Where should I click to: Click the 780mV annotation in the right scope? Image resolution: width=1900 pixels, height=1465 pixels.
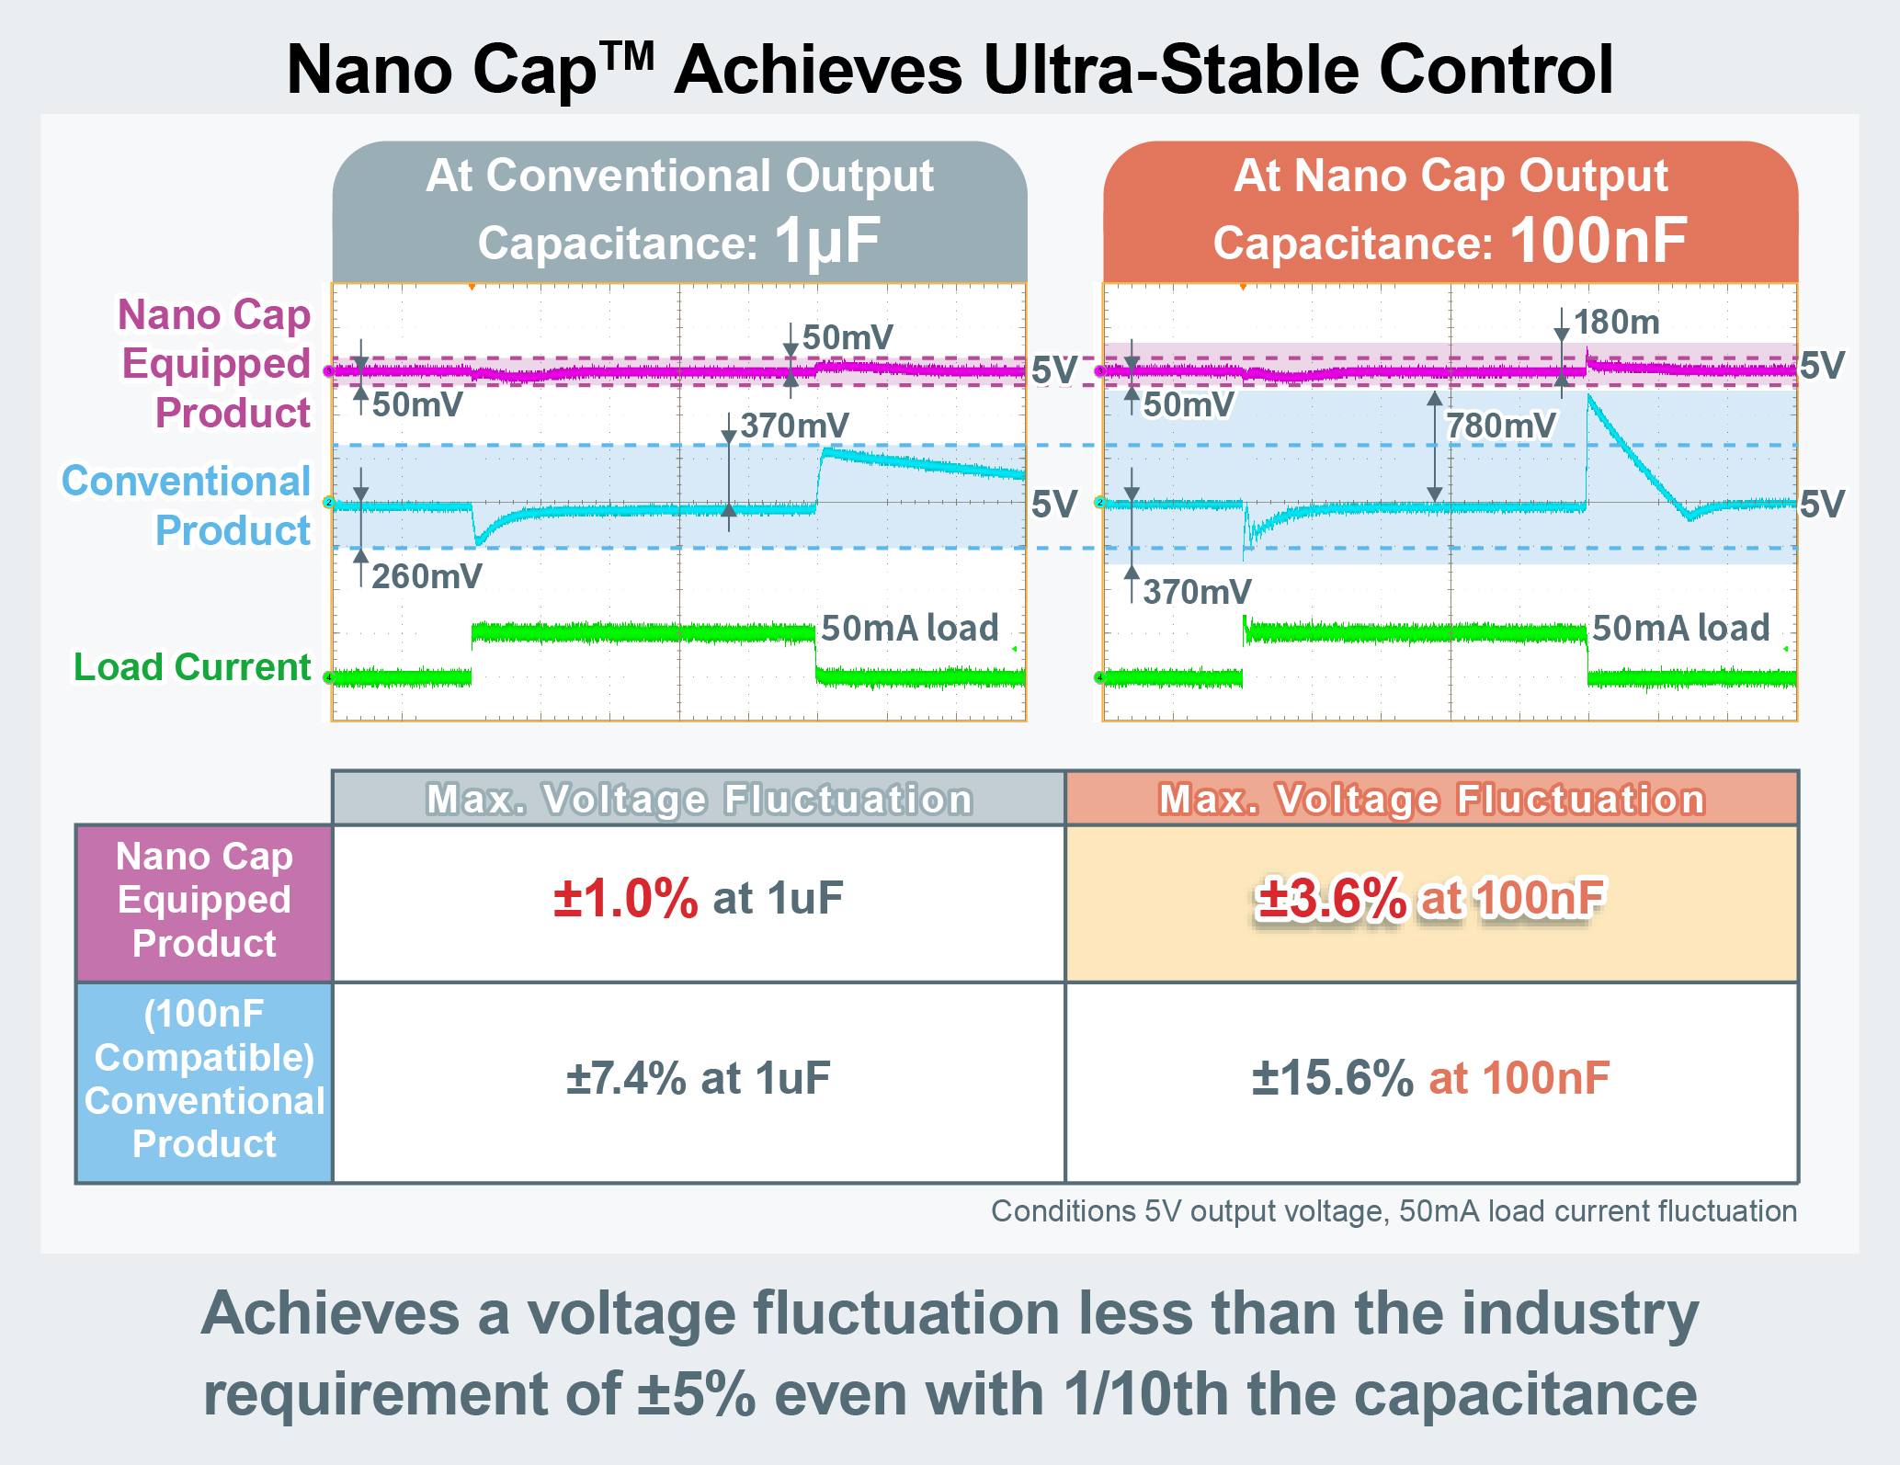pyautogui.click(x=1500, y=426)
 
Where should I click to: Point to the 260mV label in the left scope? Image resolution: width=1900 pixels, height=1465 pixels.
pyautogui.click(x=427, y=576)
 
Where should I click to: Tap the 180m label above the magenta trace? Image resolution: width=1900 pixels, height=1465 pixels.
pyautogui.click(x=1616, y=322)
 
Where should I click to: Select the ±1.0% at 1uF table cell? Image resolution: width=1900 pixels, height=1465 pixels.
pyautogui.click(x=698, y=899)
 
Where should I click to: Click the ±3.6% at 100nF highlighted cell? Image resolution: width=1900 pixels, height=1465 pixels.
pyautogui.click(x=1430, y=899)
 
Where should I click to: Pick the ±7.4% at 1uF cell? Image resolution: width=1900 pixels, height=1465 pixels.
pyautogui.click(x=698, y=1078)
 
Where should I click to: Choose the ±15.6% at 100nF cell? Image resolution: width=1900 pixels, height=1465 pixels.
pyautogui.click(x=1430, y=1078)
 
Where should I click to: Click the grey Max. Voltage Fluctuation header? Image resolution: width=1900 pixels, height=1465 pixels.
pyautogui.click(x=699, y=799)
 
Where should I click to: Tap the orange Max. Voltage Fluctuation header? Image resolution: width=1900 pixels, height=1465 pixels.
pyautogui.click(x=1431, y=799)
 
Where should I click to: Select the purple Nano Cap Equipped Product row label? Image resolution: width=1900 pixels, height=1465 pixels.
pyautogui.click(x=204, y=901)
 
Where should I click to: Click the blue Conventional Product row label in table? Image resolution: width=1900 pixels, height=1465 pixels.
pyautogui.click(x=204, y=1080)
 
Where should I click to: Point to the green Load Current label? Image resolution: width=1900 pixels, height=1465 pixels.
pyautogui.click(x=192, y=667)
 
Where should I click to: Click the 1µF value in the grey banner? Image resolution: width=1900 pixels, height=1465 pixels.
pyautogui.click(x=827, y=242)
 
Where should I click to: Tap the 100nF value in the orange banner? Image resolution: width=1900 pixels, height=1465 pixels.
pyautogui.click(x=1598, y=242)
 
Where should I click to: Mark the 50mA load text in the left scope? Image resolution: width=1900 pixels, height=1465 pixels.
pyautogui.click(x=909, y=628)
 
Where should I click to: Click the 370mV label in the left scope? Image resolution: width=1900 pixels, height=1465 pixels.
pyautogui.click(x=794, y=426)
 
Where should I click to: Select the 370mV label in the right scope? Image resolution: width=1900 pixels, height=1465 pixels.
pyautogui.click(x=1196, y=591)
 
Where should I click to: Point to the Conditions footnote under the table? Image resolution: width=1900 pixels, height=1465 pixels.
pyautogui.click(x=1394, y=1211)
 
